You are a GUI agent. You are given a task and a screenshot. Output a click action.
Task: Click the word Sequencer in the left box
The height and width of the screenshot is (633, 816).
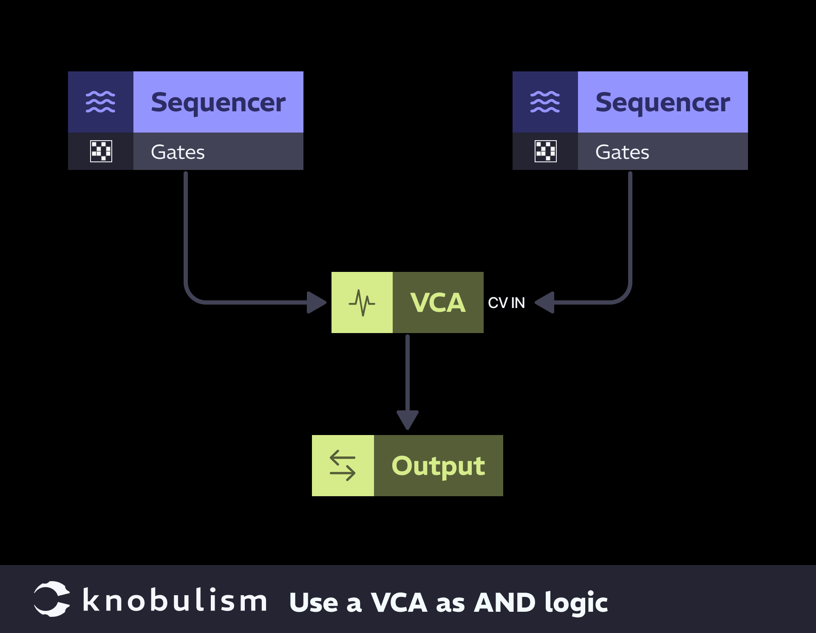tap(218, 102)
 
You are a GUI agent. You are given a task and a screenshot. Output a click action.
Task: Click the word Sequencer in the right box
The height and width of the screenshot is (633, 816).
tap(663, 102)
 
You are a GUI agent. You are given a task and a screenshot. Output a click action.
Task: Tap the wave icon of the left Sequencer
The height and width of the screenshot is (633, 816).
tap(101, 102)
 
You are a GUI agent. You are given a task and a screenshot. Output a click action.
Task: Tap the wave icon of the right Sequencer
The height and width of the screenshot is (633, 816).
tap(545, 102)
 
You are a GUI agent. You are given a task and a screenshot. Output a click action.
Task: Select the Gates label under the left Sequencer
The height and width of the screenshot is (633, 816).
tap(178, 152)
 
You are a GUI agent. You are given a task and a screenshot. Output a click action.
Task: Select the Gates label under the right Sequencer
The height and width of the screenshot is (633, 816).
tap(622, 152)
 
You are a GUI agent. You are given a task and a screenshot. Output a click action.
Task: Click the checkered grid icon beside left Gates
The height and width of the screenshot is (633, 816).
tap(101, 151)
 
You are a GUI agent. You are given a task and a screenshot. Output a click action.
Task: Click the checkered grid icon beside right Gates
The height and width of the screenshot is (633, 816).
tap(546, 151)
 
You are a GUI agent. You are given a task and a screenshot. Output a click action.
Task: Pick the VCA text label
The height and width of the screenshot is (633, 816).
tap(438, 303)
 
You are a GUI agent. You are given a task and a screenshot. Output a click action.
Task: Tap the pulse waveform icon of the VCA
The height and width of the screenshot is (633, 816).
tap(362, 303)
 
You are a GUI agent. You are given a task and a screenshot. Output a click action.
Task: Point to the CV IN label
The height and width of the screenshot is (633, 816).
tap(506, 303)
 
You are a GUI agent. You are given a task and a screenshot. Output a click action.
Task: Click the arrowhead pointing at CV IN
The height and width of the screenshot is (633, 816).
tap(545, 302)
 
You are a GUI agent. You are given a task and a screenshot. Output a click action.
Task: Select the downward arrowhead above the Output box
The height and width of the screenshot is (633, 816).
tap(408, 420)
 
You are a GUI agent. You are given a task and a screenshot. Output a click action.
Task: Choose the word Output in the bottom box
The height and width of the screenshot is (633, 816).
tap(438, 466)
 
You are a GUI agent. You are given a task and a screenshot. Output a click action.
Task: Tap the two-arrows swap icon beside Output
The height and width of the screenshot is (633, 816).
tap(343, 466)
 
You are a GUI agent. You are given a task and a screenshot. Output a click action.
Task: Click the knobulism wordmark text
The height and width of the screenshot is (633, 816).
tap(175, 600)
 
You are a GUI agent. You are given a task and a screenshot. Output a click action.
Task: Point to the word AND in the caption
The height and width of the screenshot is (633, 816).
tap(504, 602)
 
